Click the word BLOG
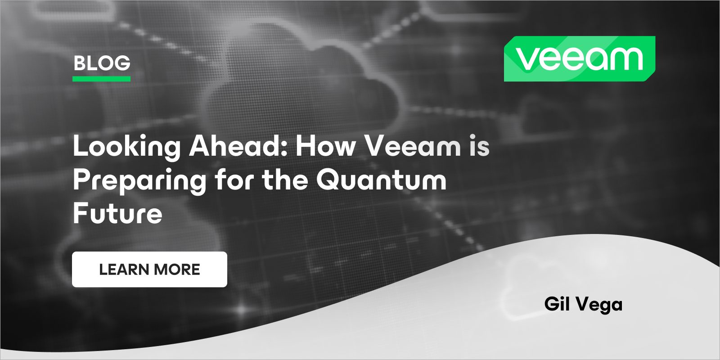tap(102, 63)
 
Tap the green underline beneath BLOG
tap(102, 79)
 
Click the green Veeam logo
tap(579, 59)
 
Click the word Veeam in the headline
tap(412, 147)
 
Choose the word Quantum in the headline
tap(381, 180)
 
